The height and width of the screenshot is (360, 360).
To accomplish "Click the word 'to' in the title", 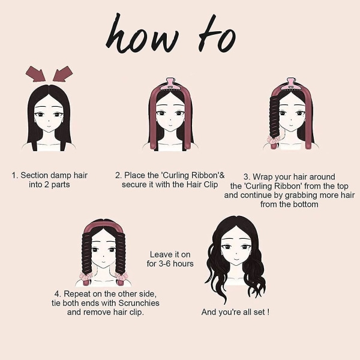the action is [x=217, y=34].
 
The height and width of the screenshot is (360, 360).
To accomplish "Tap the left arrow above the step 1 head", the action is [x=35, y=74].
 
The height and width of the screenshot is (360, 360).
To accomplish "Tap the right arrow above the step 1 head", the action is [x=63, y=74].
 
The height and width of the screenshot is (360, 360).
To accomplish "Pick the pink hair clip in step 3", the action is [x=292, y=85].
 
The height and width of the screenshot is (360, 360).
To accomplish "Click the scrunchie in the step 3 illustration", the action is [x=274, y=139].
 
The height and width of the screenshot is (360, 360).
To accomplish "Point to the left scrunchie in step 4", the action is [x=86, y=276].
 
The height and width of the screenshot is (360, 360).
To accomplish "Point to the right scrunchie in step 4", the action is [x=121, y=276].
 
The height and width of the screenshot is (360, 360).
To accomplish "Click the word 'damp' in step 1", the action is [x=61, y=176].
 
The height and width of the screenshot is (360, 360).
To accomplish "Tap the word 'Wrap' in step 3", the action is [x=263, y=177].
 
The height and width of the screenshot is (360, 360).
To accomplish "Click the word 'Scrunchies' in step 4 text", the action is [x=139, y=303].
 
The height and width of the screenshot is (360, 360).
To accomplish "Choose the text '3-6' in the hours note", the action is [x=164, y=263].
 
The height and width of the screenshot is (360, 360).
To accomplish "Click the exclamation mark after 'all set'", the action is [x=268, y=312].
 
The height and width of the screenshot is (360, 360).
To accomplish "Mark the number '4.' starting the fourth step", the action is [x=58, y=294].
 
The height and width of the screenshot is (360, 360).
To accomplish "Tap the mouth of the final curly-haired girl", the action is [x=236, y=259].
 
